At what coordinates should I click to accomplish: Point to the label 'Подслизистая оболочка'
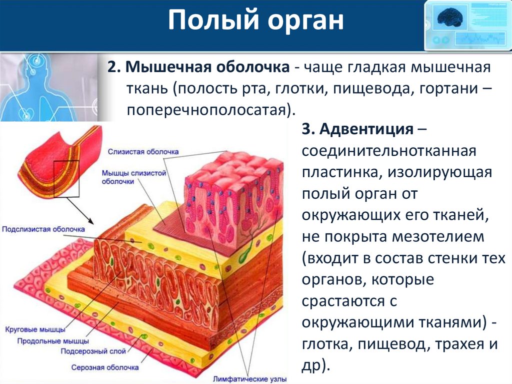coord(43,229)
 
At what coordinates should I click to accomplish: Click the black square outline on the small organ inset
coord(66,179)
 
